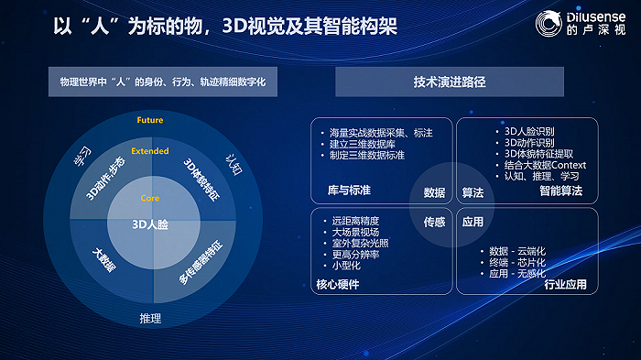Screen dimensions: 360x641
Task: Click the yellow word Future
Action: (149, 121)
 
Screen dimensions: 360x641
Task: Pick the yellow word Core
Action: (149, 198)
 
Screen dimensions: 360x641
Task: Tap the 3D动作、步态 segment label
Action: (103, 183)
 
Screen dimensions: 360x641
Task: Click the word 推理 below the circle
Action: (149, 319)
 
